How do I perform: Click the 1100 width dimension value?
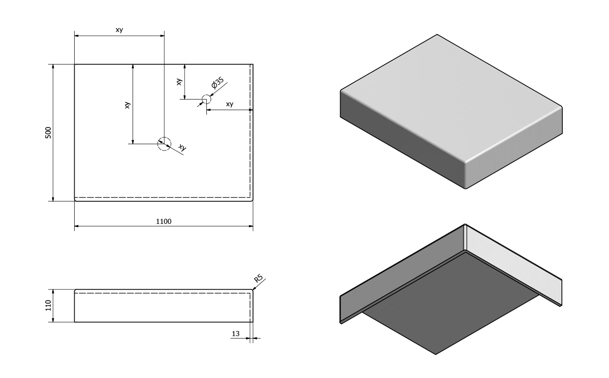click(x=164, y=222)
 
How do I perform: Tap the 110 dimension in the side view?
click(x=48, y=305)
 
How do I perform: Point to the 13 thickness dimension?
click(x=235, y=334)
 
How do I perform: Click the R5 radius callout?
click(x=259, y=279)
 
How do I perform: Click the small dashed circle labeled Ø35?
click(x=207, y=99)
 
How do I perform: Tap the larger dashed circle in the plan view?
click(x=164, y=144)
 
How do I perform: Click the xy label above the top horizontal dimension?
click(x=119, y=30)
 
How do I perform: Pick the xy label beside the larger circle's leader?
click(x=182, y=148)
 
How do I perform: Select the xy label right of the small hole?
click(x=229, y=104)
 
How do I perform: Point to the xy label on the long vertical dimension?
click(x=127, y=105)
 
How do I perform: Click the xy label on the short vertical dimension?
click(x=179, y=81)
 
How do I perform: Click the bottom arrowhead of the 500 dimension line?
click(x=53, y=199)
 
